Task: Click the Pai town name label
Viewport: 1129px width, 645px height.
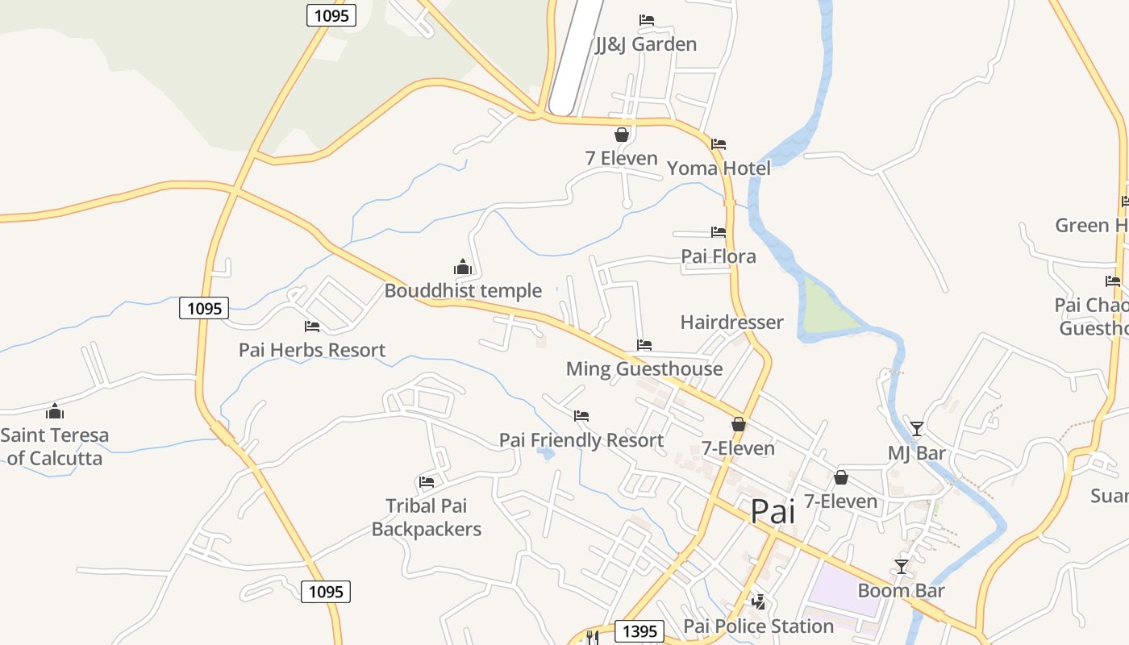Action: (773, 511)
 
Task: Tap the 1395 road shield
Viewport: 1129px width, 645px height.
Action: (639, 630)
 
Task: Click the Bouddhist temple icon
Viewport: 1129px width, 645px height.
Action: (462, 267)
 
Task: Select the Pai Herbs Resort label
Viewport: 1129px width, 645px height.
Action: (312, 350)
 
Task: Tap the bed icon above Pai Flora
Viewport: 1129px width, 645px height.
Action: (719, 232)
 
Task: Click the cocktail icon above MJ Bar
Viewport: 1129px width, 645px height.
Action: (916, 428)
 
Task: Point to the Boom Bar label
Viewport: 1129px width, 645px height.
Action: (901, 590)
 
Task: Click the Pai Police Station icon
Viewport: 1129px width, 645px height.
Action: (758, 601)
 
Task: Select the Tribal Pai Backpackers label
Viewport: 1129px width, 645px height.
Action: (427, 518)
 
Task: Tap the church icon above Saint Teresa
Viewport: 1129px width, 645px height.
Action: (54, 411)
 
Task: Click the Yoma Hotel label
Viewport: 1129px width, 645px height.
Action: (719, 168)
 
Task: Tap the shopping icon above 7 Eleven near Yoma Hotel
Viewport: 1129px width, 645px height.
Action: (622, 135)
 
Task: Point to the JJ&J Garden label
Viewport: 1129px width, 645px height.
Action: (646, 44)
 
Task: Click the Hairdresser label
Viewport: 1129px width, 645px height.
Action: (731, 322)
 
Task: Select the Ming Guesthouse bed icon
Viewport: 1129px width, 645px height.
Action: (644, 345)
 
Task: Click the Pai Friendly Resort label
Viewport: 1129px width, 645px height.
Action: (581, 440)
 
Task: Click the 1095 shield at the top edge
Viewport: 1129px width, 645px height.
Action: (331, 15)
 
